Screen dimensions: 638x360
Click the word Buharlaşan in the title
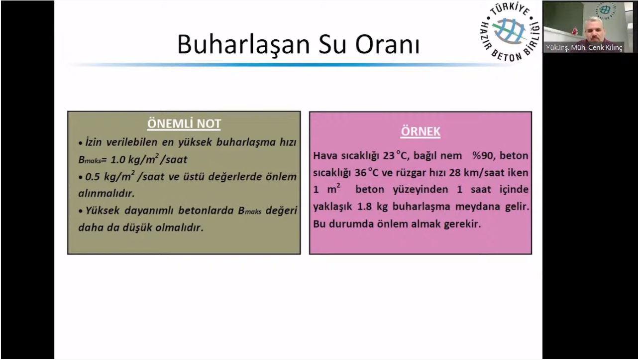243,44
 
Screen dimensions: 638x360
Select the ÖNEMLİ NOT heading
184,123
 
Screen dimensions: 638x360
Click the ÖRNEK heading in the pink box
421,131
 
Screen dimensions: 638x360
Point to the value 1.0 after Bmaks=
117,160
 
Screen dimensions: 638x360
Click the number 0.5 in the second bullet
93,177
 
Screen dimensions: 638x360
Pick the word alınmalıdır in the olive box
106,193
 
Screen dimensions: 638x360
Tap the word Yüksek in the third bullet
102,211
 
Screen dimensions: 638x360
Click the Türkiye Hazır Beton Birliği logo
510,32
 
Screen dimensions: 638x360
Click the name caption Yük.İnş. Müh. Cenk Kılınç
584,48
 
